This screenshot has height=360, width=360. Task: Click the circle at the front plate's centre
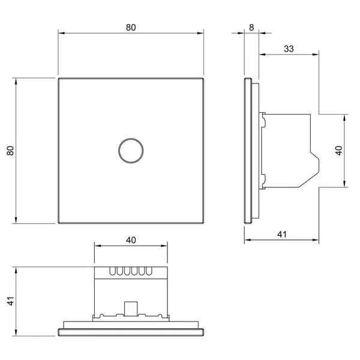(x=131, y=139)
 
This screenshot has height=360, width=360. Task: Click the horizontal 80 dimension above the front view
(x=131, y=28)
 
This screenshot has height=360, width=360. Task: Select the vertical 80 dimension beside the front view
(x=11, y=151)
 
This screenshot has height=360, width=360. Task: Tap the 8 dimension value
(x=251, y=28)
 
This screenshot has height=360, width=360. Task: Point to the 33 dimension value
(x=289, y=49)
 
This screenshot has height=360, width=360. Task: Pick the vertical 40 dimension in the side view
(x=339, y=151)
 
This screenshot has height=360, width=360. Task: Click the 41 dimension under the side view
(x=282, y=235)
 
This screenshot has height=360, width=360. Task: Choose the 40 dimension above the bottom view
(x=131, y=240)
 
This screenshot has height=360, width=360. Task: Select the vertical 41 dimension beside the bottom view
(x=11, y=301)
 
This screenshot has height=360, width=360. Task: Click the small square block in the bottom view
(x=131, y=308)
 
